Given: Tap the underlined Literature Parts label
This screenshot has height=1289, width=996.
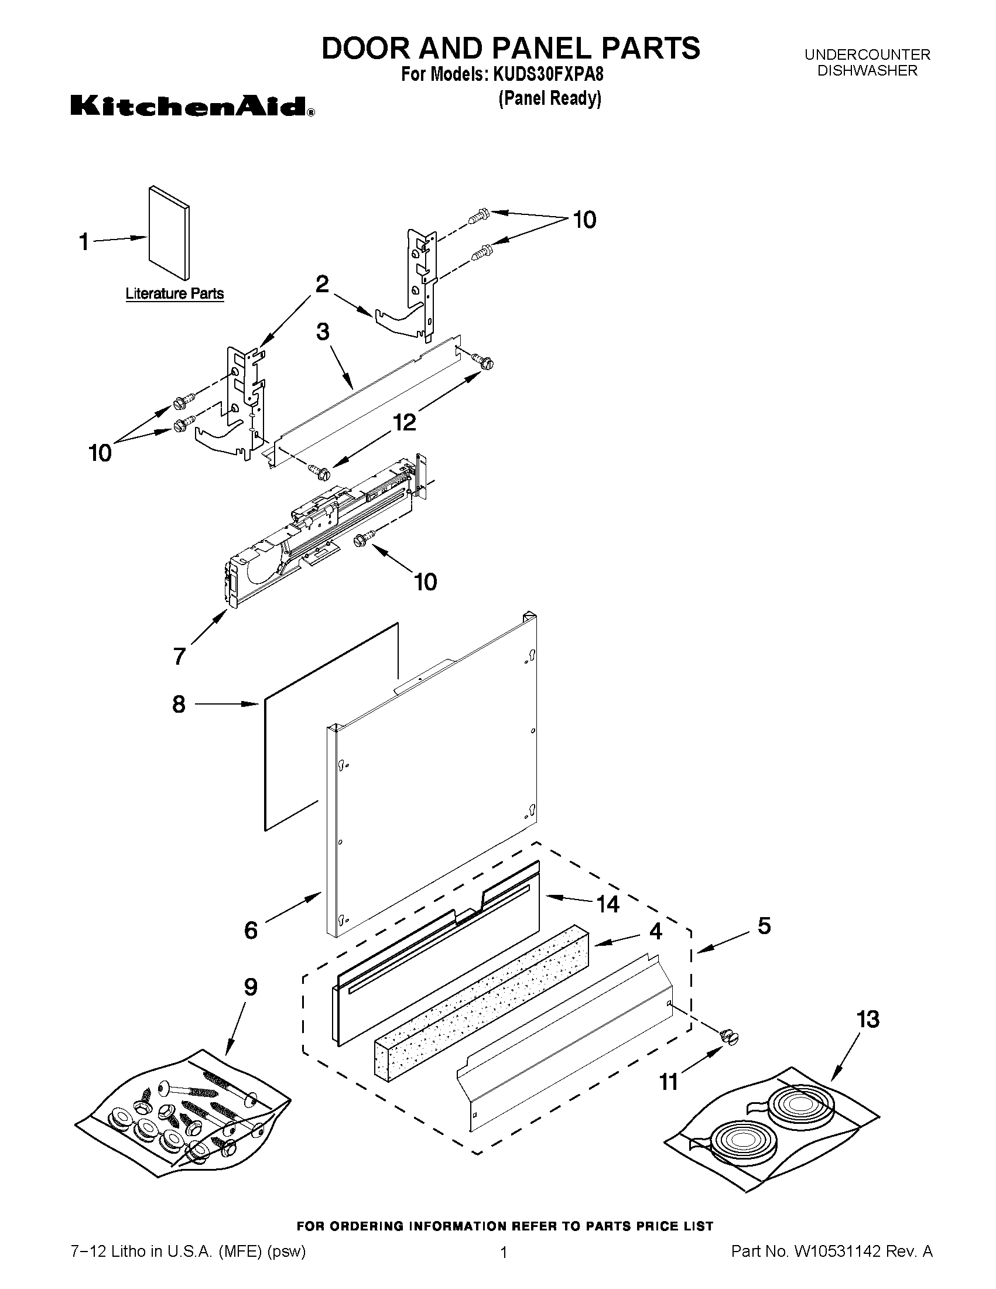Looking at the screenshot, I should tap(174, 293).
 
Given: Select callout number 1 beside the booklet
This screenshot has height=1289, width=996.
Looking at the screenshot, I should tap(84, 241).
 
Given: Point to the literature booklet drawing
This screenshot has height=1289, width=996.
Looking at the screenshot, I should tap(169, 233).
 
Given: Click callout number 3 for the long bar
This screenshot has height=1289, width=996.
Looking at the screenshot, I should tap(323, 331).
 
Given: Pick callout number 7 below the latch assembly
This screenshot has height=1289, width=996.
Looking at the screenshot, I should tap(179, 656).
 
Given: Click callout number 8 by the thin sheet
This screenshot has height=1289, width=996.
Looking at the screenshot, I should tap(179, 704).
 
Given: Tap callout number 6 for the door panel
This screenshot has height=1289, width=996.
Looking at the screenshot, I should tap(251, 931).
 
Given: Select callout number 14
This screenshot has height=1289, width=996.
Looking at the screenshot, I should tap(608, 904).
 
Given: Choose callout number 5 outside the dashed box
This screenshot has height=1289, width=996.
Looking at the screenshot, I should tap(764, 926).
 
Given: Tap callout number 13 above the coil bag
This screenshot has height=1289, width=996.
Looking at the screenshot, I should tap(868, 1019).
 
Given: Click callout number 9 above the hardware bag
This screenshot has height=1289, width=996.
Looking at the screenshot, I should tap(251, 987).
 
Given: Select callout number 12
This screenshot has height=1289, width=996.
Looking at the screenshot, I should tap(404, 422).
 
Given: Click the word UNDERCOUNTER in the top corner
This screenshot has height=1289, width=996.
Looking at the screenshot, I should tap(867, 55).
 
